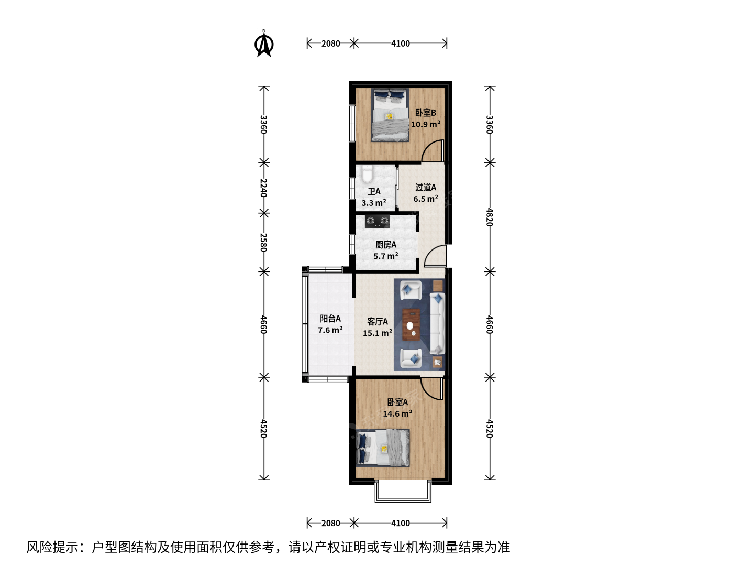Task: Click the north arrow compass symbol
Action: pyautogui.click(x=264, y=43)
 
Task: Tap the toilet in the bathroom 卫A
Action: pyautogui.click(x=367, y=175)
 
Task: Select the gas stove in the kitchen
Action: pyautogui.click(x=377, y=221)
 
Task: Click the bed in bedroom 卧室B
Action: pyautogui.click(x=390, y=115)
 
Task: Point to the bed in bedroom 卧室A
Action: pyautogui.click(x=383, y=448)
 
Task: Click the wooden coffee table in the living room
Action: pyautogui.click(x=411, y=325)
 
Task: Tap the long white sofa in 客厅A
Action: pyautogui.click(x=437, y=323)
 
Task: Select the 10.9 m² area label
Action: pyautogui.click(x=426, y=124)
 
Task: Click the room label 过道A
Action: pyautogui.click(x=426, y=187)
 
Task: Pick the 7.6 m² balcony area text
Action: pyautogui.click(x=330, y=330)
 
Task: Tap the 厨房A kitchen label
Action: pyautogui.click(x=386, y=245)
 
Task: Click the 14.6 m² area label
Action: pyautogui.click(x=397, y=413)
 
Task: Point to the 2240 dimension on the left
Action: pyautogui.click(x=263, y=188)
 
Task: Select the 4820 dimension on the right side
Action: pyautogui.click(x=490, y=217)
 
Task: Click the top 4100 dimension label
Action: pyautogui.click(x=401, y=43)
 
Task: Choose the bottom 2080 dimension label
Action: pyautogui.click(x=330, y=523)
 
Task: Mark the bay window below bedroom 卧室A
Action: pyautogui.click(x=403, y=492)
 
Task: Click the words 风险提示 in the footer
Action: pyautogui.click(x=52, y=547)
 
